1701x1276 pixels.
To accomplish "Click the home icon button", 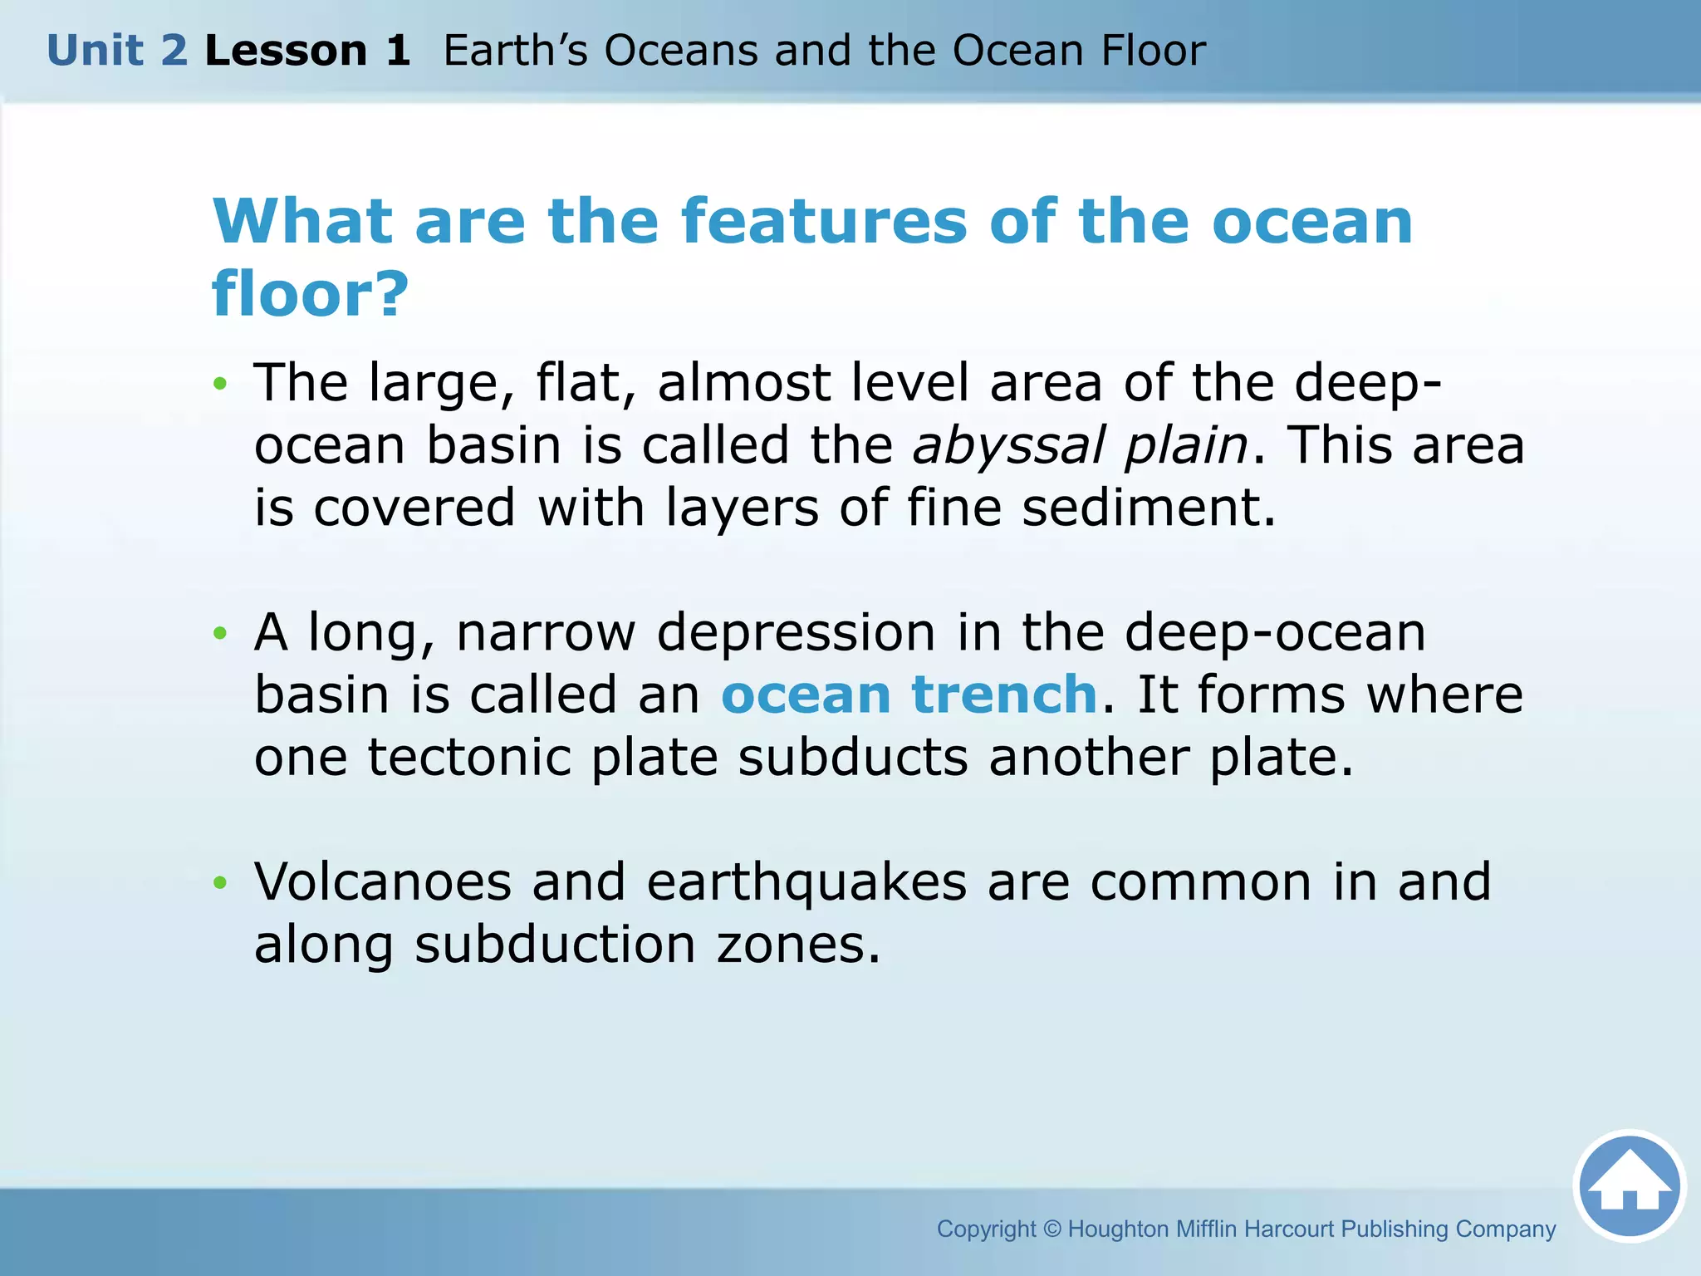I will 1630,1186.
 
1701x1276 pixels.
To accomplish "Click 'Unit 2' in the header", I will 117,51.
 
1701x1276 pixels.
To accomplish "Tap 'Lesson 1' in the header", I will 307,51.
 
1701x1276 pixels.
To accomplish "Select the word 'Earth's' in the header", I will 515,51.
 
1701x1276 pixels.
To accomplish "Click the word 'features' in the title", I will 824,222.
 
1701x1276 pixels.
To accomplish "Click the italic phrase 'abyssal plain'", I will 1080,445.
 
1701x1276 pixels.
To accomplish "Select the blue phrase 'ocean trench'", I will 909,694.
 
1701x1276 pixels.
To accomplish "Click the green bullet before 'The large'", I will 220,384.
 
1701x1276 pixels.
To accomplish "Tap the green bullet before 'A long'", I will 220,634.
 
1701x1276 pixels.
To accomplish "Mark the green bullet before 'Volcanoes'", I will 220,882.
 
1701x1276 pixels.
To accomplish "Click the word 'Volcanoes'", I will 383,881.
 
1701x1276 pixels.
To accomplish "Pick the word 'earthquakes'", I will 806,883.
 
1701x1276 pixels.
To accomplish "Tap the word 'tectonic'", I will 469,757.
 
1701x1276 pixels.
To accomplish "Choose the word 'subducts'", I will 853,757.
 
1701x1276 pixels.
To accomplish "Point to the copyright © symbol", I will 1052,1229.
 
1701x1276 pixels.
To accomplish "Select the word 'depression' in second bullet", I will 796,634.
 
